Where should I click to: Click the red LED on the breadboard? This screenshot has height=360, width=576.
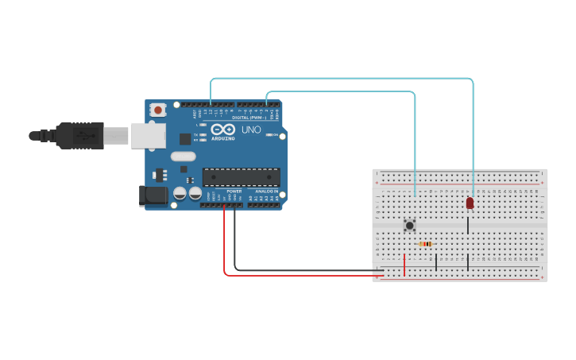(470, 203)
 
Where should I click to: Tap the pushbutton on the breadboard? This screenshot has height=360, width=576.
(410, 226)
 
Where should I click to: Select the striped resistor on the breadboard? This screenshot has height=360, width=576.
(426, 244)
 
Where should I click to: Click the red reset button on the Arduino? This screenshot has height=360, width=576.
(158, 110)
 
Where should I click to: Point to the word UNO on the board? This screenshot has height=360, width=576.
(251, 130)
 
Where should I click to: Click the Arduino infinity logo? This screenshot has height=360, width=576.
(223, 129)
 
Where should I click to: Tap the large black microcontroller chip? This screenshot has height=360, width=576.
(241, 176)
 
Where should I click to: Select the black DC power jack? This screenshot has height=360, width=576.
(154, 196)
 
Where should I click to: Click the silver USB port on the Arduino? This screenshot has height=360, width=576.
(148, 136)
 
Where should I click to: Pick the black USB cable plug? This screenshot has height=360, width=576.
(79, 136)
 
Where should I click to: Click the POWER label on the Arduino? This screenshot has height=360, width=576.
(234, 192)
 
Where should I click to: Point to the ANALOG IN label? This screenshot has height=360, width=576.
(266, 192)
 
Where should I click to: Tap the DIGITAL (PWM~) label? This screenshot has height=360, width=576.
(249, 118)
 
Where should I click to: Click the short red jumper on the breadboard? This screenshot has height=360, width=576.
(404, 265)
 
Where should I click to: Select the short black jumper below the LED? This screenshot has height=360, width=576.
(468, 225)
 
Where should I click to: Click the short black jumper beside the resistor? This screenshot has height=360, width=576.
(436, 261)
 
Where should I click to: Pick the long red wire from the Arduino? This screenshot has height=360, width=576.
(302, 276)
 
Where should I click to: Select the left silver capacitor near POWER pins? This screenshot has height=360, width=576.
(180, 193)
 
